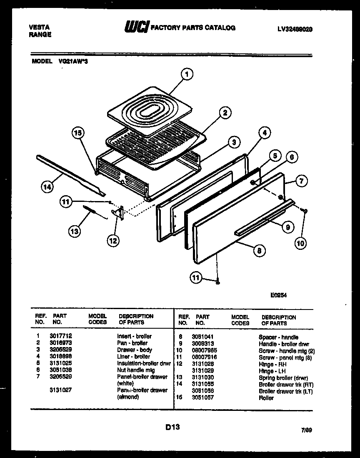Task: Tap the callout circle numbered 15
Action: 78,133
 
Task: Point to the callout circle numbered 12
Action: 113,240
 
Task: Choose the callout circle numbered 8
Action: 259,251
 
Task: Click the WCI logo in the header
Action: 136,28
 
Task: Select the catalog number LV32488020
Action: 295,29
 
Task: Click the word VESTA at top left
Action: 39,27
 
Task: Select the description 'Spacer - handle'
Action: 278,337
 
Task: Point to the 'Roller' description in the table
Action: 266,398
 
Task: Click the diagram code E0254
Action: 279,294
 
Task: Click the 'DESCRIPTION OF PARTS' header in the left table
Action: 136,319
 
